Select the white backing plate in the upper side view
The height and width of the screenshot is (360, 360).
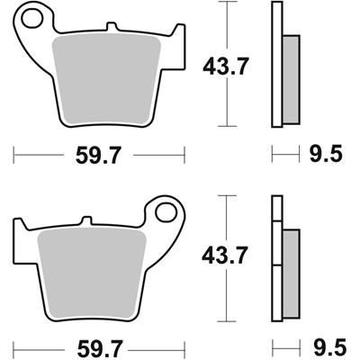coord(276,63)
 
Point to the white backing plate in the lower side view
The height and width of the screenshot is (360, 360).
coord(276,261)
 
